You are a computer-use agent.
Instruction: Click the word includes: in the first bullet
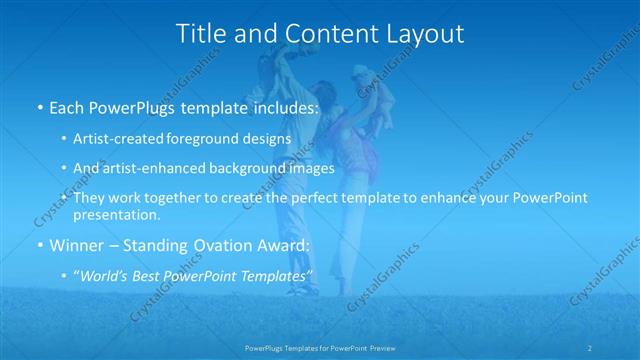pos(283,107)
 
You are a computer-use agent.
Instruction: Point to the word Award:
pos(284,245)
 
